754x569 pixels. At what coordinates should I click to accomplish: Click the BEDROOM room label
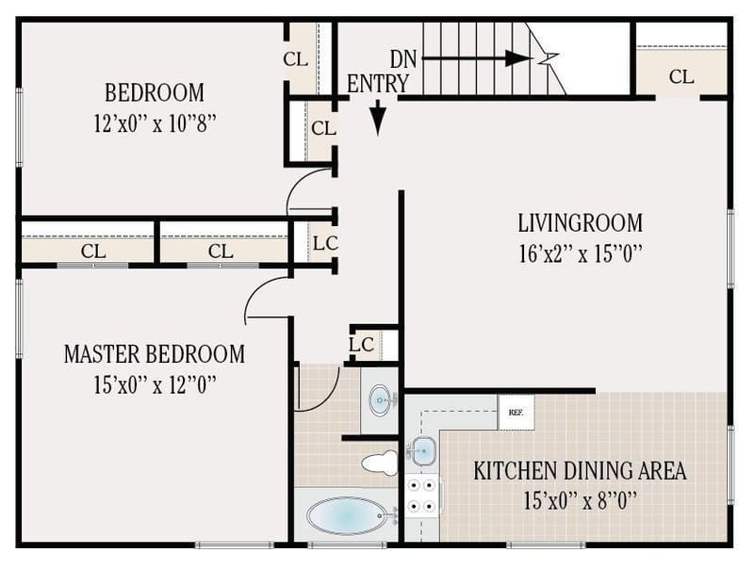pyautogui.click(x=154, y=93)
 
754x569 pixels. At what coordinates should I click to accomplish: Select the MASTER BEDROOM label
pyautogui.click(x=154, y=354)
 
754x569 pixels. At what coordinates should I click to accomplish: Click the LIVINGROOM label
pyautogui.click(x=580, y=223)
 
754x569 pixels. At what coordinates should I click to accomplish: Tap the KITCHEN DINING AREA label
pyautogui.click(x=580, y=470)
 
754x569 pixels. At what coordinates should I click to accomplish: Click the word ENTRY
pyautogui.click(x=377, y=84)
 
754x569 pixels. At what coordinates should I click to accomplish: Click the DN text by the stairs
pyautogui.click(x=404, y=58)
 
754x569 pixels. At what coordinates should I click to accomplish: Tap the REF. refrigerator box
pyautogui.click(x=516, y=413)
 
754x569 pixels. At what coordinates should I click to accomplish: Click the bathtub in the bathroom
pyautogui.click(x=347, y=515)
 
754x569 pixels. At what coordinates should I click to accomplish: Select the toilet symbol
pyautogui.click(x=381, y=463)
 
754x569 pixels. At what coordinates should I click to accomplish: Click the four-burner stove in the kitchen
pyautogui.click(x=423, y=496)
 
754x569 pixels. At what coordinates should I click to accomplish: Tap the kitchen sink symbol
pyautogui.click(x=422, y=450)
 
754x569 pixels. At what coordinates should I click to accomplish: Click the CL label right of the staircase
pyautogui.click(x=681, y=77)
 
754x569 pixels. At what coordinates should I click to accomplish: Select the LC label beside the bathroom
pyautogui.click(x=362, y=345)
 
